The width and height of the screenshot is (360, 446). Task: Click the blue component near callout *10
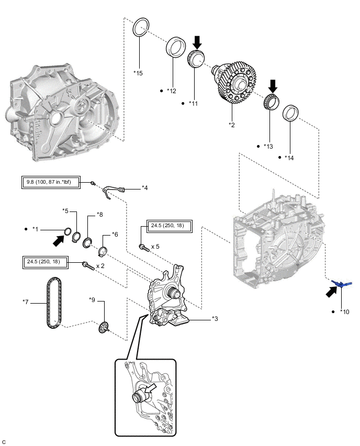342,283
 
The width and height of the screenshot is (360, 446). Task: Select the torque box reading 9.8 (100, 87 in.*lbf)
51,182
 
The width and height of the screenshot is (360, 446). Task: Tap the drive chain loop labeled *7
53,303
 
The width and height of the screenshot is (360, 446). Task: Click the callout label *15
138,73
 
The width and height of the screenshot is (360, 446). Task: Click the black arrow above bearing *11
197,42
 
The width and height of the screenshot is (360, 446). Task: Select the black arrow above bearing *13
273,86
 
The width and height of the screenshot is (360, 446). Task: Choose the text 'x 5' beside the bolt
155,247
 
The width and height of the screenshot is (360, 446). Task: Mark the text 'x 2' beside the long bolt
100,266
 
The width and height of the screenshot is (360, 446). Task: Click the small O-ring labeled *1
67,232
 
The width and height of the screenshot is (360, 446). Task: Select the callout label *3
215,319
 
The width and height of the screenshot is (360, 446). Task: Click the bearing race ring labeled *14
290,113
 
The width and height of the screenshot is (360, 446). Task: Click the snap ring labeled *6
103,251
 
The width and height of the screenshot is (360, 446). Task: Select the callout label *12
172,91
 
